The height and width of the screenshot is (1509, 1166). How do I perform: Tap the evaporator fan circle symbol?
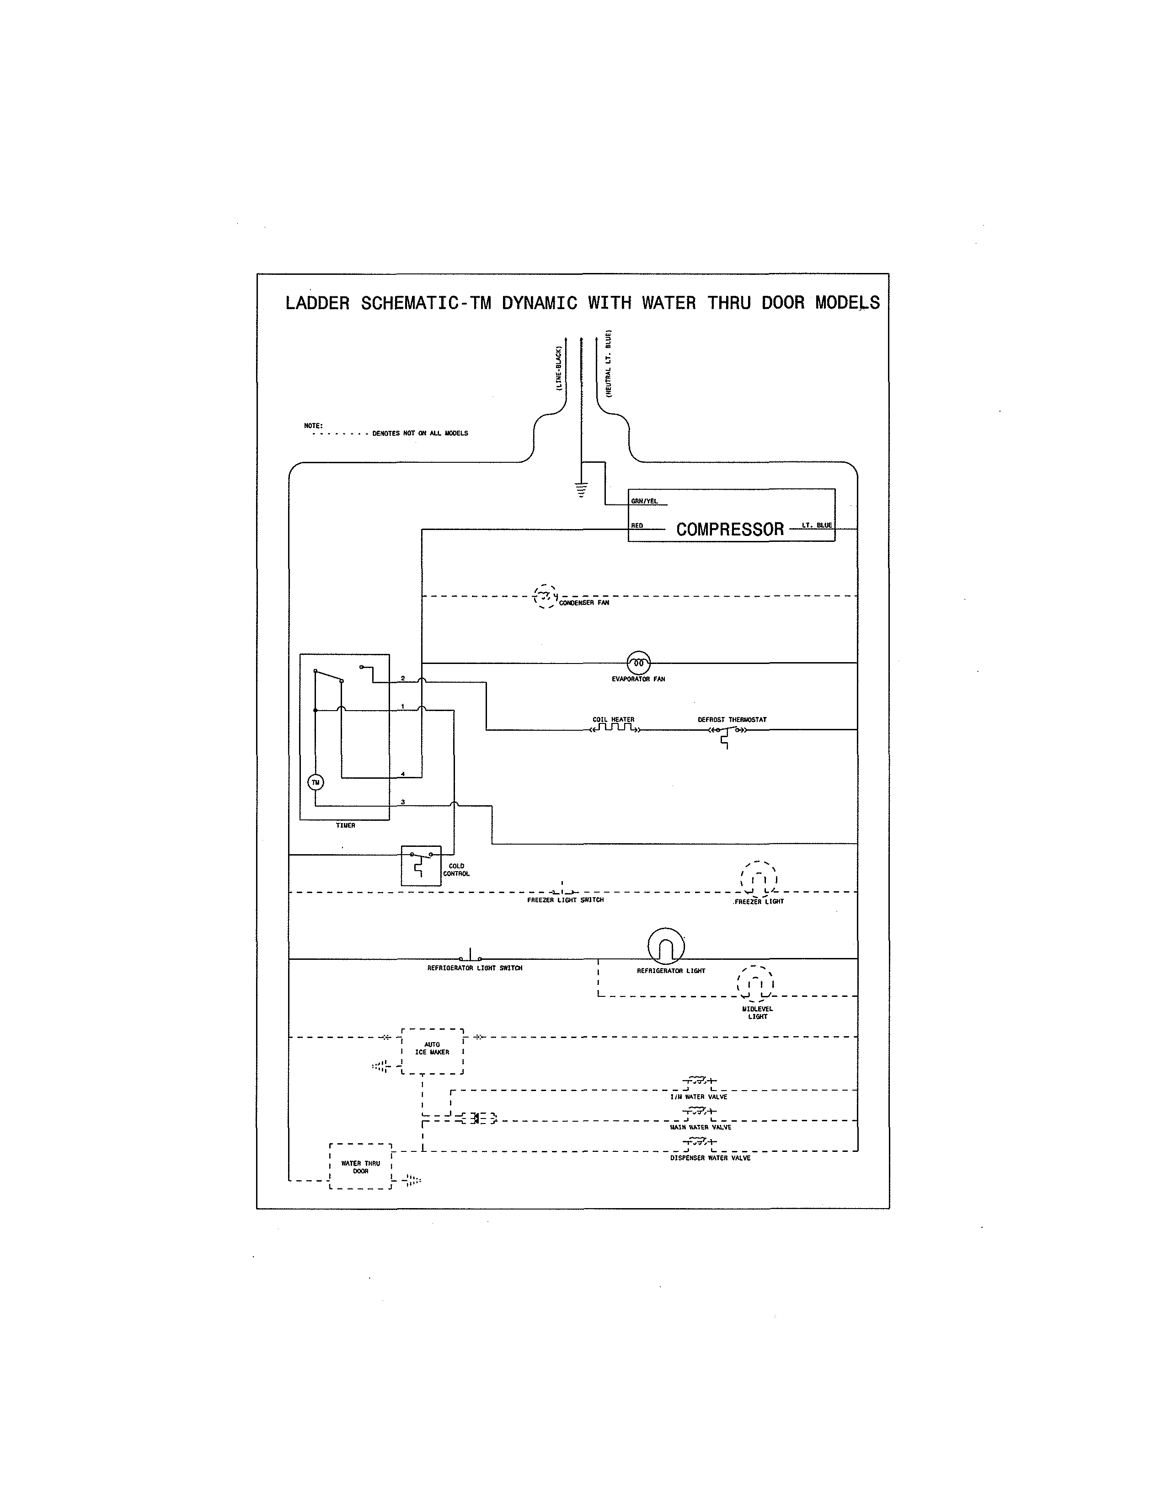pos(638,664)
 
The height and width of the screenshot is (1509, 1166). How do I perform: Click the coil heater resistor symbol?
pos(613,728)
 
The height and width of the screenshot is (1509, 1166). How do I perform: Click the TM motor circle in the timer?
pos(316,782)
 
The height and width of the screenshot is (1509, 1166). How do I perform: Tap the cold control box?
pos(421,866)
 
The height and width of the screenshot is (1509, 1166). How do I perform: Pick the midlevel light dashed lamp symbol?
pos(756,983)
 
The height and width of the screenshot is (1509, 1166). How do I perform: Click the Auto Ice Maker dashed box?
pos(433,1051)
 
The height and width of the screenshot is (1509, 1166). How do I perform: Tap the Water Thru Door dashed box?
pos(361,1167)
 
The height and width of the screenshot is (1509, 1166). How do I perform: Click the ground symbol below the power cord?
pos(582,490)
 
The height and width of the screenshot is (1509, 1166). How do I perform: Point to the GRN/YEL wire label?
pos(644,501)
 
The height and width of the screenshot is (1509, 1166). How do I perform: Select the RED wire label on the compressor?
pos(637,526)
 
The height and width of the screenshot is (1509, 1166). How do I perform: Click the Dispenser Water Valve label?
pos(710,1158)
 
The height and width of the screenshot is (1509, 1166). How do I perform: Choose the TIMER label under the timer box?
pos(345,826)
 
